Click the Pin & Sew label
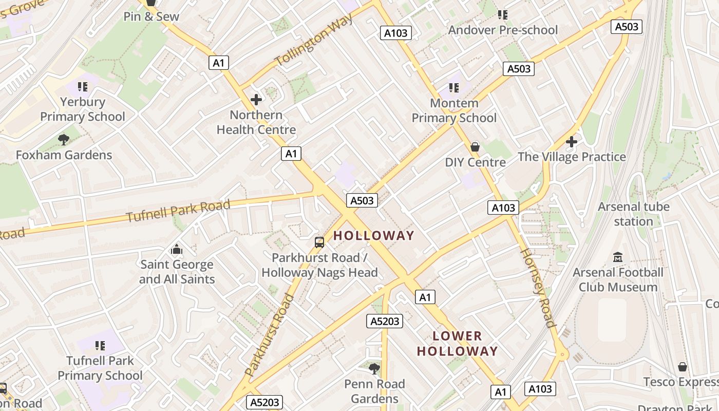152,16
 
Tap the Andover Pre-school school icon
503,14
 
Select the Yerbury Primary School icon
82,87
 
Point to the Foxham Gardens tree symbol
64,140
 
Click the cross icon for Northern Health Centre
256,100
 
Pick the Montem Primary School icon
453,88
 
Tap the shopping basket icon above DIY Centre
475,147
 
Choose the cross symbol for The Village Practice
572,141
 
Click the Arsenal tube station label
634,214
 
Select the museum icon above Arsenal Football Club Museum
618,257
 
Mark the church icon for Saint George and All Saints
177,250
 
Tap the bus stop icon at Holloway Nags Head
319,242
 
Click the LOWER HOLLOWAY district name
457,344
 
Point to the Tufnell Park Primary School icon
100,346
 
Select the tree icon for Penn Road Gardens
374,368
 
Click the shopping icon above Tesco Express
682,367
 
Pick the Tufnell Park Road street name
178,211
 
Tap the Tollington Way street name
314,40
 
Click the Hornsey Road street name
538,288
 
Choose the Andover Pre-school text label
503,30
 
